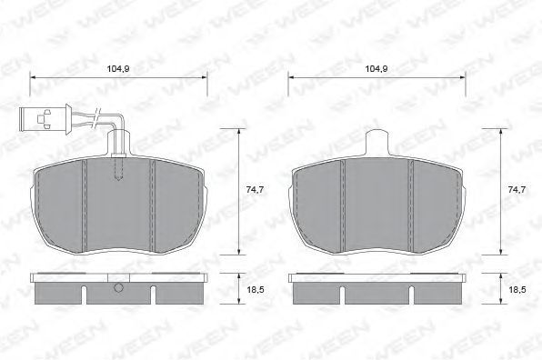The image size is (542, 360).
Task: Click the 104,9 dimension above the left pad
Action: point(118,69)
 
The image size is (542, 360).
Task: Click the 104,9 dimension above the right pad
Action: point(376,69)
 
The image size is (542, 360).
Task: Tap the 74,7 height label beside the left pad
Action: point(255,189)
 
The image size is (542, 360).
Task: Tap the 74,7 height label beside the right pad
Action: point(517,189)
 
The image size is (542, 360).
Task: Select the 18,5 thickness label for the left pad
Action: point(256,289)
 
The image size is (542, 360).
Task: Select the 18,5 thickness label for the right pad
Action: point(517,289)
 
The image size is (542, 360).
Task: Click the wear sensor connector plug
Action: point(45,119)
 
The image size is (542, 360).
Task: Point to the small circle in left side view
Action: point(118,287)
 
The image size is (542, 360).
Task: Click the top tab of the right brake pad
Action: point(377,143)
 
